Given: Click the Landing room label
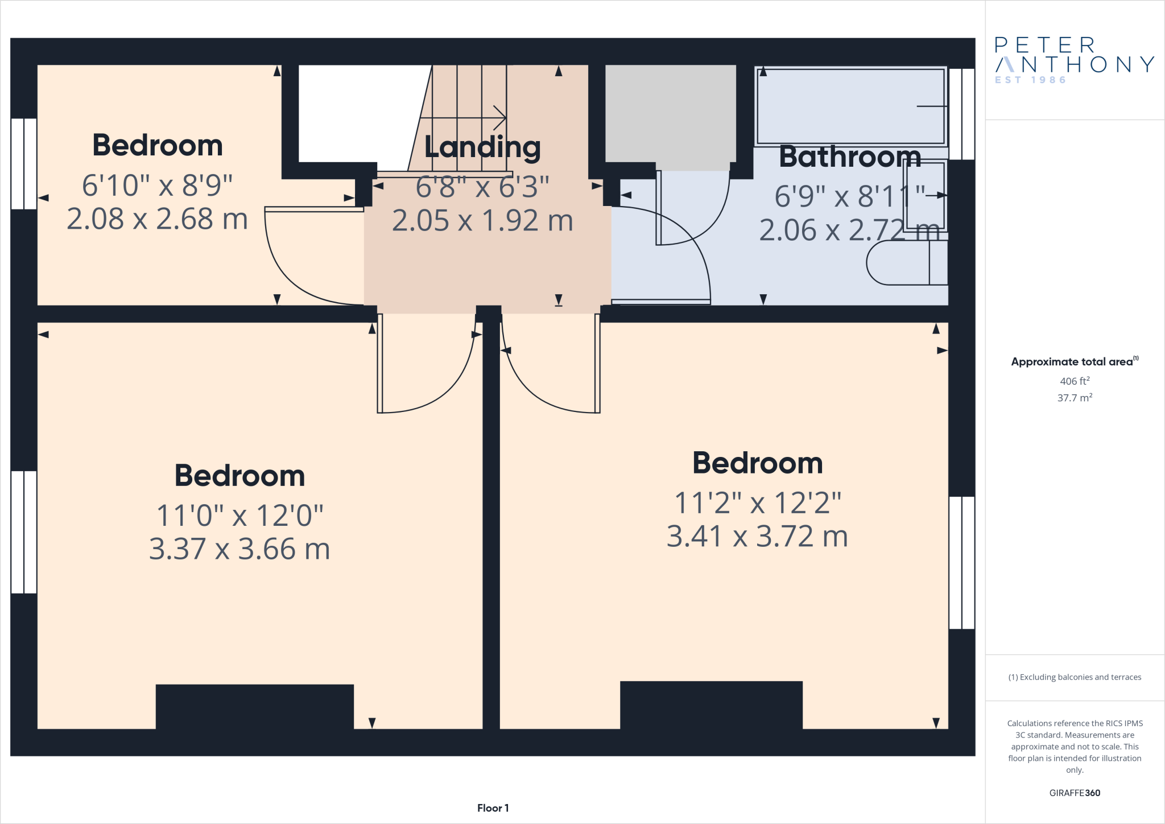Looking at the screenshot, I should (482, 147).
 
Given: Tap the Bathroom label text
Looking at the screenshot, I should (849, 156).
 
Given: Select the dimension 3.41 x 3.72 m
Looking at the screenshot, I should (757, 537).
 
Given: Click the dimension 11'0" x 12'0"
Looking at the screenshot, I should (239, 516).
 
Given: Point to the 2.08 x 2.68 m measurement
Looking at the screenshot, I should (157, 219).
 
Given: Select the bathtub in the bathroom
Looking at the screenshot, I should (850, 106).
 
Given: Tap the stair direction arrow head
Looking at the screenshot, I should (500, 118).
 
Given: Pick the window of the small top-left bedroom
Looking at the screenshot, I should (24, 164).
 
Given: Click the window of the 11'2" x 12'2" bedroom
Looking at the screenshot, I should (961, 562).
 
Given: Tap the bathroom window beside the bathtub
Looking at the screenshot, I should (961, 114).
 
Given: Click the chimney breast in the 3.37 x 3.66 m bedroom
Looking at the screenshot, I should (254, 706).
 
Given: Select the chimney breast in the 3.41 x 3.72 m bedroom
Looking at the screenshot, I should (710, 704).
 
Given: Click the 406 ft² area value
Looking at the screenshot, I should (1074, 381).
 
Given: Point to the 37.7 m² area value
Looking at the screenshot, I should (1074, 398).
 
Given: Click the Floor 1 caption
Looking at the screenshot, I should (493, 808).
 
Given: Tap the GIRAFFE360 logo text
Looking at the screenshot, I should (1074, 793).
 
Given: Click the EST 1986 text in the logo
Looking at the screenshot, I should (1030, 80).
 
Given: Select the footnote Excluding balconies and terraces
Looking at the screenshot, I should (1074, 677).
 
